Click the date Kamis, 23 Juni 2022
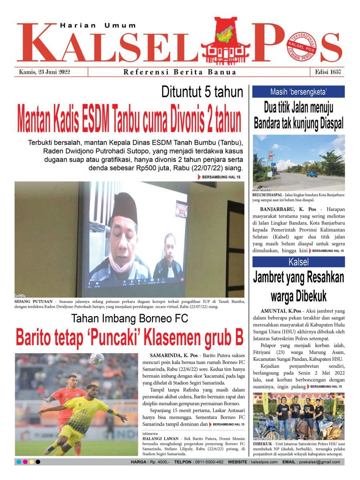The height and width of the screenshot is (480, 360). click(44, 72)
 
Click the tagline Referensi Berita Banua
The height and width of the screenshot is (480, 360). click(180, 72)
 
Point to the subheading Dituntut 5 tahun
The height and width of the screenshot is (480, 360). click(202, 92)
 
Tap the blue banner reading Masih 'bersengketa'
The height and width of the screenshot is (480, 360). click(298, 92)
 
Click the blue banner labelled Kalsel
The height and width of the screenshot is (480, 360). click(298, 262)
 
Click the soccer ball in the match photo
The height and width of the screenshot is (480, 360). click(97, 358)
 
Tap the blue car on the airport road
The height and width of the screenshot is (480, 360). click(312, 174)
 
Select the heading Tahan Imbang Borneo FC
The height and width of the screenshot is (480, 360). click(130, 319)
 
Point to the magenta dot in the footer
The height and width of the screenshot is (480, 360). click(25, 462)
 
